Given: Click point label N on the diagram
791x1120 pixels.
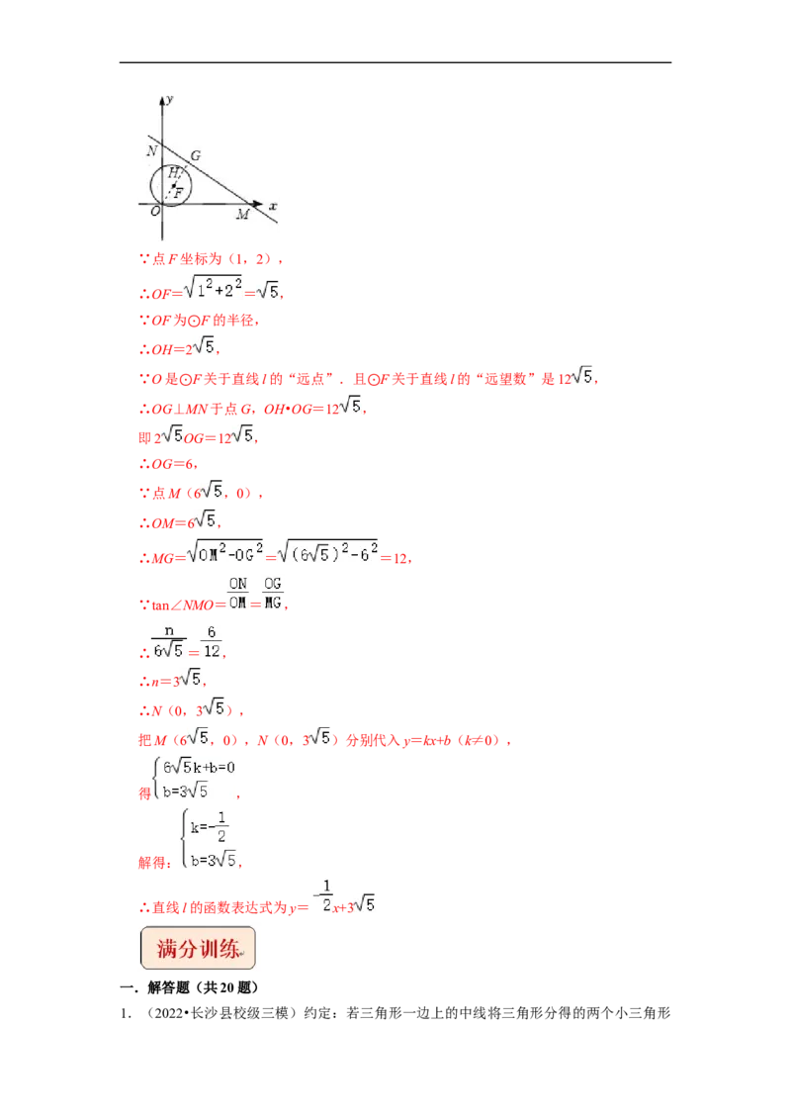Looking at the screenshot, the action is [x=152, y=150].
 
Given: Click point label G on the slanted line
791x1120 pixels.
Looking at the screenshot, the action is [x=196, y=155].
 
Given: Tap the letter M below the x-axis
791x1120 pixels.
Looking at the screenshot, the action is [x=242, y=215].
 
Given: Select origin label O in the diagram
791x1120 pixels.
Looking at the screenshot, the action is [x=155, y=211].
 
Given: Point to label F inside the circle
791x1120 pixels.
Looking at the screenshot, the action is [x=179, y=192].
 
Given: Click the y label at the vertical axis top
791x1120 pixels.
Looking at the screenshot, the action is [x=170, y=99].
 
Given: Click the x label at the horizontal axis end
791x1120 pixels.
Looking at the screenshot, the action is [x=273, y=206].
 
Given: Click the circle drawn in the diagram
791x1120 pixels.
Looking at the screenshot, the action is [x=150, y=186].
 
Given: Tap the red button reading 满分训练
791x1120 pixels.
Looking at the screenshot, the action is [x=198, y=948].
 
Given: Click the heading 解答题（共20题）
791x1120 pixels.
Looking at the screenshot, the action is [x=203, y=987].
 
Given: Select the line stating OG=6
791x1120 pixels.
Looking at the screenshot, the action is [x=168, y=464].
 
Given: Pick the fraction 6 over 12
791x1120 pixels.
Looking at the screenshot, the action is [x=212, y=641].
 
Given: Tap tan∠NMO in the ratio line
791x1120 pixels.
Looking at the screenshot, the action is [x=183, y=605].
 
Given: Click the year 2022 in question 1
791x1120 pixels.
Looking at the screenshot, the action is [x=169, y=1013].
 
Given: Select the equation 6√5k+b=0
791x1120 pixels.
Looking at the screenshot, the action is [x=199, y=767].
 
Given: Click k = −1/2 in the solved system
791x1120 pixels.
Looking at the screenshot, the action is [x=210, y=826].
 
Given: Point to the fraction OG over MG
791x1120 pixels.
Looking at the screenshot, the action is [x=273, y=594].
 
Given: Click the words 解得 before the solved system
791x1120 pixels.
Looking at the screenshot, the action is [x=155, y=862].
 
